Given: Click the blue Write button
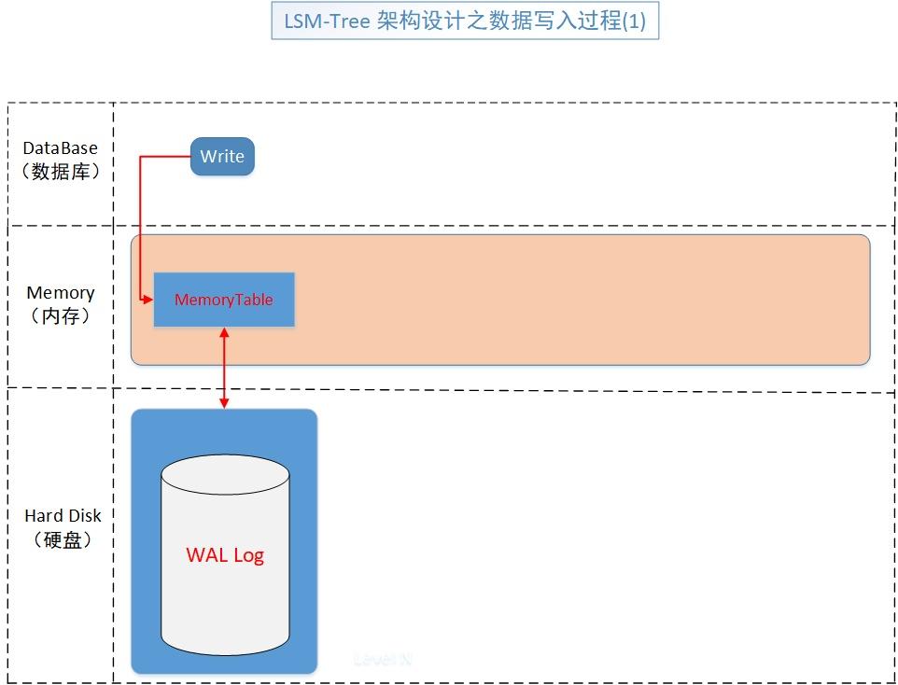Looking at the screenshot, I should point(222,157).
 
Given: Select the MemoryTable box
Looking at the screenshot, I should point(224,300).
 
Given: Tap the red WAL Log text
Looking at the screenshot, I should point(225,555).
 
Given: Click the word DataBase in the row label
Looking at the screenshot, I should point(60,148).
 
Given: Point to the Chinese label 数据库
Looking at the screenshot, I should point(60,172).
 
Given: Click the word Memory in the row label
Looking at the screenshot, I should point(60,293).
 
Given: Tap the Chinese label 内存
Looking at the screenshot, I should point(60,316).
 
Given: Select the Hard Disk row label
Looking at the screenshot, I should point(63,516).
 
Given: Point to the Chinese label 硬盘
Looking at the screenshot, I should point(63,539).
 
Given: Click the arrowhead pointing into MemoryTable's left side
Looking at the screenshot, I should point(148,300).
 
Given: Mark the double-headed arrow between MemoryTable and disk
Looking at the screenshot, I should point(224,367).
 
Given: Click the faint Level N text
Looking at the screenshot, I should point(383,659).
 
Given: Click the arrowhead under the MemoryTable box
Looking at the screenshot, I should point(224,332).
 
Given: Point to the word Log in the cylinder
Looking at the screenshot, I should point(248,555).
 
